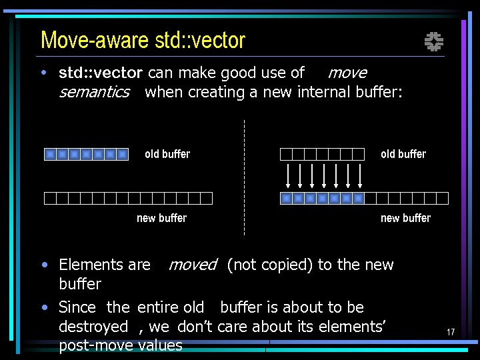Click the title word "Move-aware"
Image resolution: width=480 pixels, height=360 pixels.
[94, 41]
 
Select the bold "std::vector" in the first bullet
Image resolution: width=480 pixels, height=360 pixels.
[101, 73]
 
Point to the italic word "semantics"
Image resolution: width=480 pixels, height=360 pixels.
[94, 92]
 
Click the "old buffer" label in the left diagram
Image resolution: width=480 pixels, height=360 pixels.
[167, 154]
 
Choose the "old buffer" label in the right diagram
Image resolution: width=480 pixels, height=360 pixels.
[403, 154]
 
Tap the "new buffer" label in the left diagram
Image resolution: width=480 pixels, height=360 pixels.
[162, 218]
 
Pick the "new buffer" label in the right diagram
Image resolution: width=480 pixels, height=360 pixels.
[405, 218]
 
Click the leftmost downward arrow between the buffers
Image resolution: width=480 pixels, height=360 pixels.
[287, 175]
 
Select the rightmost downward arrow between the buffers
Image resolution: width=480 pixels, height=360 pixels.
[360, 175]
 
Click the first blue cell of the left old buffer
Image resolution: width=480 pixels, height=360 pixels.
[50, 155]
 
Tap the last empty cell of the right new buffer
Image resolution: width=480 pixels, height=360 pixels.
[443, 198]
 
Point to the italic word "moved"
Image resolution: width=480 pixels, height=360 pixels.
[193, 265]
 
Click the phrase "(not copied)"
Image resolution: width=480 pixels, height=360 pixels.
[270, 265]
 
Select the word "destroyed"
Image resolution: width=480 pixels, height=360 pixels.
[93, 326]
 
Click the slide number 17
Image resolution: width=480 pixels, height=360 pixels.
[451, 332]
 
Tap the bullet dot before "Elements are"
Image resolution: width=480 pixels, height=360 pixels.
[44, 265]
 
